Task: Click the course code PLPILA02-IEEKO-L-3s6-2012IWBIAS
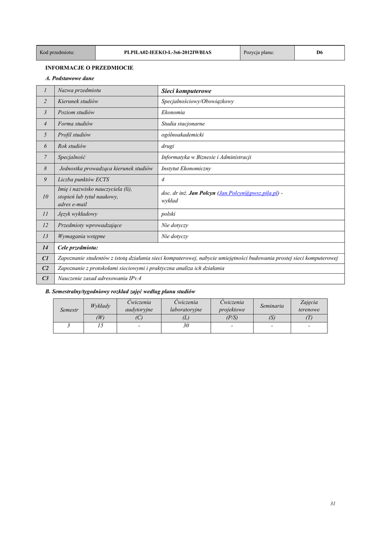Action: [x=168, y=53]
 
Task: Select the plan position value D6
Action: [x=319, y=53]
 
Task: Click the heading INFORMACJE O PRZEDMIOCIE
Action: [x=89, y=68]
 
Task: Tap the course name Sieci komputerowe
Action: [x=186, y=91]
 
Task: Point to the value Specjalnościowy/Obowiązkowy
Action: [x=198, y=101]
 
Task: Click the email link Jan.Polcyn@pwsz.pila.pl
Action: [x=248, y=193]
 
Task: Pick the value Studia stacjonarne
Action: [x=183, y=124]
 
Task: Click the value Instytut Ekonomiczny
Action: [x=186, y=169]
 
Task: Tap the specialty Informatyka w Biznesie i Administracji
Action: [x=206, y=157]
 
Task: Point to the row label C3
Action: [x=45, y=278]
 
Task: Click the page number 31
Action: [x=333, y=503]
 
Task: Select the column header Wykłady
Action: [x=100, y=306]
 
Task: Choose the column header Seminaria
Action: [x=272, y=306]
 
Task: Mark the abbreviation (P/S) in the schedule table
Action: [x=232, y=317]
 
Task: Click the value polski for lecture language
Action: [x=168, y=214]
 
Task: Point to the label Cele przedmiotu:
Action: [x=78, y=247]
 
